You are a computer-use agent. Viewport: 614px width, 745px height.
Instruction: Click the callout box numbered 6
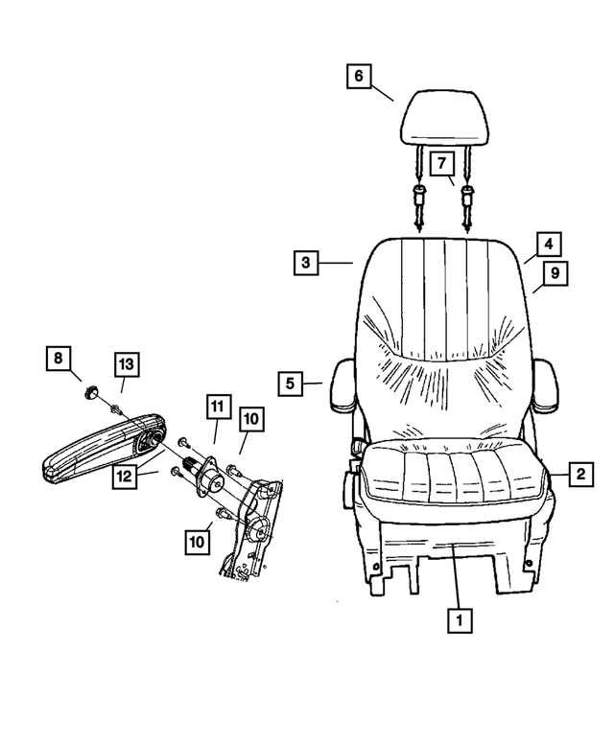pos(358,76)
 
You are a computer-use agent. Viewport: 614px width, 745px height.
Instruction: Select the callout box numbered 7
pos(441,164)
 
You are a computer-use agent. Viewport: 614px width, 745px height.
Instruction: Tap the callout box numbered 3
pos(304,262)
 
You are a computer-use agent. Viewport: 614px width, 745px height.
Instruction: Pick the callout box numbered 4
pos(547,244)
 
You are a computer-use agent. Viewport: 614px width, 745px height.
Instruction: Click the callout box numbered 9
pos(554,274)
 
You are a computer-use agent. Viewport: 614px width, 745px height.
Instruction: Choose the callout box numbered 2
pos(579,473)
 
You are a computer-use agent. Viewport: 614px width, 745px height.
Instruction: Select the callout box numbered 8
pos(59,360)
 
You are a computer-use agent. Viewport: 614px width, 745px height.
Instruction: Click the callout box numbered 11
pos(217,407)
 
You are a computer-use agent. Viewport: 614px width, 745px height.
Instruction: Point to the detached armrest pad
pos(101,449)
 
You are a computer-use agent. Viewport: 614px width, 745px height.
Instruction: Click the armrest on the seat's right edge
pos(546,386)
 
